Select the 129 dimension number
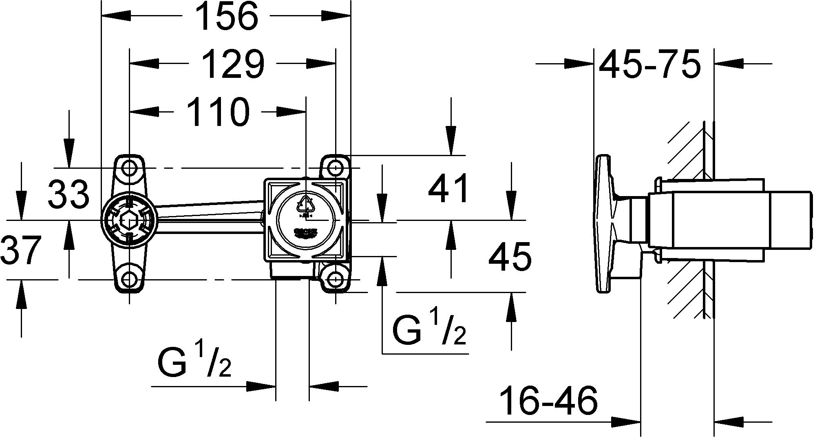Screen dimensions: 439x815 coord(232,64)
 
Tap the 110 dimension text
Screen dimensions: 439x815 coord(218,112)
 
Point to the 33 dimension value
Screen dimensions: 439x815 coord(68,194)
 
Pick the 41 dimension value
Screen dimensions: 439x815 coord(449,189)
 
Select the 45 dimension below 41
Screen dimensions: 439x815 coord(510,257)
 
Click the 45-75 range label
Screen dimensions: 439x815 coord(650,64)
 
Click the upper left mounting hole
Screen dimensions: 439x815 coord(129,168)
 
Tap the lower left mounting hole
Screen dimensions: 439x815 coord(129,279)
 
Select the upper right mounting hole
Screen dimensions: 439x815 coord(335,168)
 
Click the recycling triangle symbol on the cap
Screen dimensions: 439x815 coord(306,203)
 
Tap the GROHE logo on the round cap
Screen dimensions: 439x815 coord(305,232)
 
